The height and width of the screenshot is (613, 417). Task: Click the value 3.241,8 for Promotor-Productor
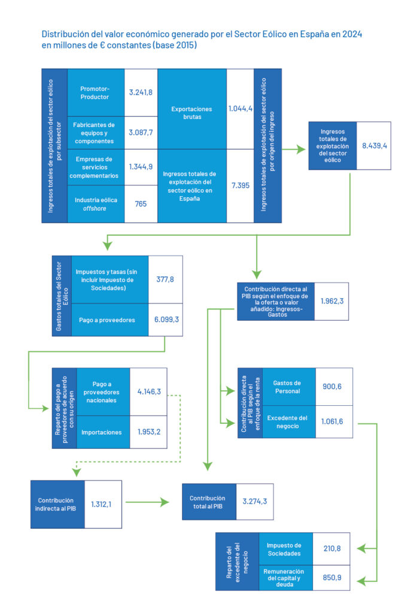141,92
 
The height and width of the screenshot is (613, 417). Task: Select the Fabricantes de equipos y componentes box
96,133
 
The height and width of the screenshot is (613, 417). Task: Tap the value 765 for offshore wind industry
141,204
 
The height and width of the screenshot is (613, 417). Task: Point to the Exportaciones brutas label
191,113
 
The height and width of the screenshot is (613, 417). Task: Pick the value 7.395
241,186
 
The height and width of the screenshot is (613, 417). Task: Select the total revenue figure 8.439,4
375,145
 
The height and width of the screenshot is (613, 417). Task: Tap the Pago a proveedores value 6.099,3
165,320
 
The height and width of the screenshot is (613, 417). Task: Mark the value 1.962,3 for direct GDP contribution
332,301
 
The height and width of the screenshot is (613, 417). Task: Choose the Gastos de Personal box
287,387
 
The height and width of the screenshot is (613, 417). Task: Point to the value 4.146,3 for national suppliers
149,392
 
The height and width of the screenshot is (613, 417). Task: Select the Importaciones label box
103,432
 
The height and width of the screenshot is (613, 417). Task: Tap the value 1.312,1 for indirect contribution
102,503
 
